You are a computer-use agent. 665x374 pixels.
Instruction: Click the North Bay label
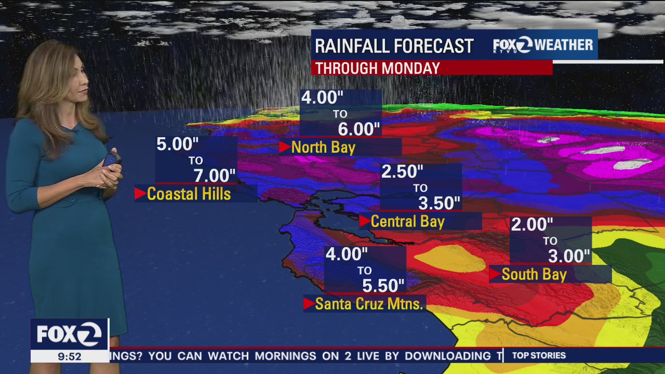tap(323, 148)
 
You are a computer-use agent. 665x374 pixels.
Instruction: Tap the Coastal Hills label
tap(189, 194)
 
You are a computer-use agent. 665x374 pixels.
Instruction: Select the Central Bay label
tap(407, 222)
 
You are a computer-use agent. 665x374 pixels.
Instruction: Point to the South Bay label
tap(534, 274)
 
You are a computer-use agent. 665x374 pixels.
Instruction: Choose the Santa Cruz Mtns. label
tap(369, 304)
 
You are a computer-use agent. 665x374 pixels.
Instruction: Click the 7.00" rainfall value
tap(215, 176)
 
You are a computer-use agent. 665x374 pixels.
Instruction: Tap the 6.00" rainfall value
tap(359, 129)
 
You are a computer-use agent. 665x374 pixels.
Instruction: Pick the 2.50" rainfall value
tap(402, 172)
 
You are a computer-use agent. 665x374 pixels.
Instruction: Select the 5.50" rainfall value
tap(383, 286)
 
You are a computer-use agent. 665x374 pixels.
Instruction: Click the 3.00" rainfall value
tap(569, 256)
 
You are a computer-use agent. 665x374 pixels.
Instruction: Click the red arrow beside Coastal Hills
tap(140, 194)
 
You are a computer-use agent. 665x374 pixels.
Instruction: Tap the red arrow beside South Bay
tap(495, 274)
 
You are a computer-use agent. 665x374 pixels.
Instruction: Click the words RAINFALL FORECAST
tap(394, 46)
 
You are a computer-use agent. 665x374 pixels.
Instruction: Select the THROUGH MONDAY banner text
tap(378, 68)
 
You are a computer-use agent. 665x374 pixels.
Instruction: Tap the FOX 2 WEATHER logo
tap(542, 45)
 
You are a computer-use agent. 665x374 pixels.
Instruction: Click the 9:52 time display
tap(70, 356)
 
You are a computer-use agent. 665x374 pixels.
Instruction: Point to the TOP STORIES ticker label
tap(539, 356)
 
